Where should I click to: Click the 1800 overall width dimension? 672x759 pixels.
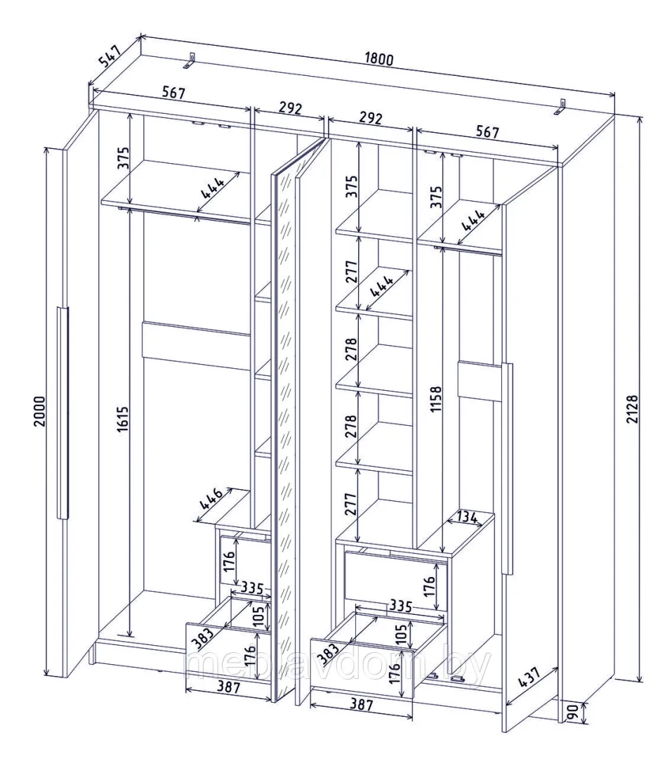point(379,59)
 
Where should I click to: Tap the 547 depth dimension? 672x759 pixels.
point(109,55)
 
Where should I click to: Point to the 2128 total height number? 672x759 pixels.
point(633,409)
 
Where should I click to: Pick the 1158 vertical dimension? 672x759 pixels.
point(435,399)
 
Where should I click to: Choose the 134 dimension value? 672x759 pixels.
point(466,517)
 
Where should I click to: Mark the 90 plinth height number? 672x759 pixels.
point(572,712)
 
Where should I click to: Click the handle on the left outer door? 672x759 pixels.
point(63,413)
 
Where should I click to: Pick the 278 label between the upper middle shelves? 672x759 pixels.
point(352,349)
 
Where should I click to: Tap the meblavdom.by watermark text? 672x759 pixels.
point(338,664)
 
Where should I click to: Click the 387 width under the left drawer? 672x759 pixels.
point(228,687)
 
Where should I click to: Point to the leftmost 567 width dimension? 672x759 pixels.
point(173,92)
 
